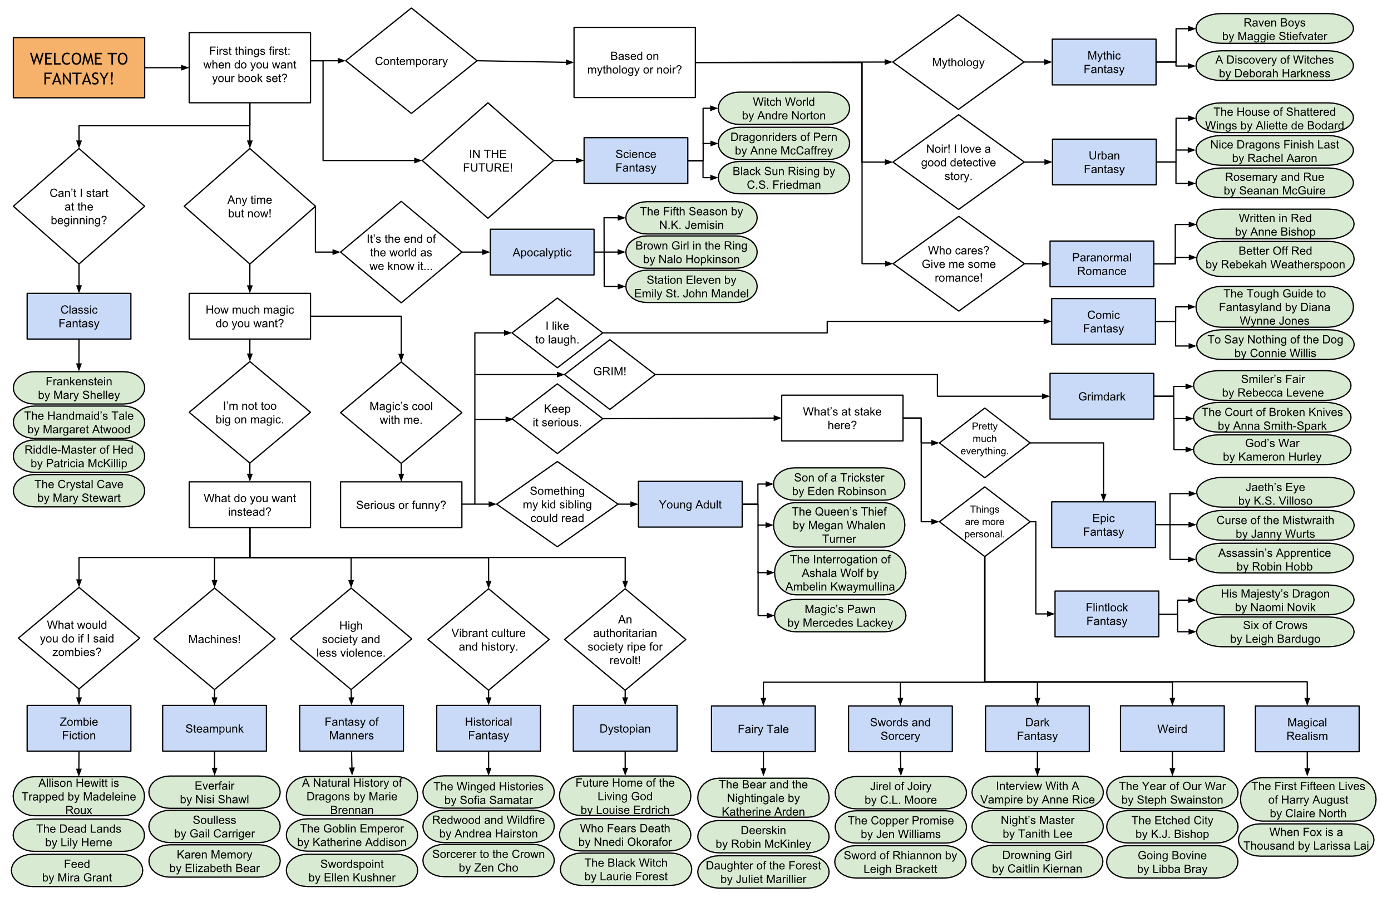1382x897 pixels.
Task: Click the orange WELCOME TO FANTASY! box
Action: (79, 68)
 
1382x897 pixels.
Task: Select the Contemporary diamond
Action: (411, 61)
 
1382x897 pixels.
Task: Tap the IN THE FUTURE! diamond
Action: (488, 160)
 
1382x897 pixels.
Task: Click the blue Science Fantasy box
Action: (635, 160)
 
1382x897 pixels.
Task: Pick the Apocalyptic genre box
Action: (542, 252)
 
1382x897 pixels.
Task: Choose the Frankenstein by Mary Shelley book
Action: (79, 388)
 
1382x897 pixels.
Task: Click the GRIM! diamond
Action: (610, 372)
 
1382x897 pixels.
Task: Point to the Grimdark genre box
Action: (1102, 396)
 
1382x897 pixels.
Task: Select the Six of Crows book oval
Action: (1275, 632)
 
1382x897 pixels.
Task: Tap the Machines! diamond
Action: (214, 639)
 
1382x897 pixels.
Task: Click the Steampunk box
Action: (214, 728)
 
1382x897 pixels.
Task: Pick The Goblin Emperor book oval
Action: (352, 835)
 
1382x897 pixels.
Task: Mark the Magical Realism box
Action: (1306, 729)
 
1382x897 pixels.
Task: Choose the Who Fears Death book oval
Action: (625, 835)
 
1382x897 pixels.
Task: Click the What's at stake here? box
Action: (842, 418)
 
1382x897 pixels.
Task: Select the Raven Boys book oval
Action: (1274, 29)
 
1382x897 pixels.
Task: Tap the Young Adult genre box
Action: (690, 504)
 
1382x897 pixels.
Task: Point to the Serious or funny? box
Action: (401, 505)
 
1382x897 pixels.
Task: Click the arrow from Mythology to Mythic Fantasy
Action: (1038, 62)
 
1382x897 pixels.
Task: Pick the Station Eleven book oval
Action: (691, 286)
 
